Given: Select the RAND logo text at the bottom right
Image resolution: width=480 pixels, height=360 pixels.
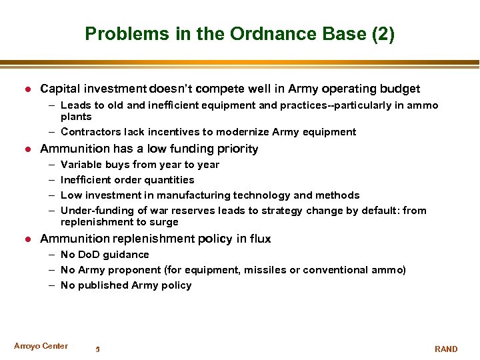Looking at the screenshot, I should click(446, 349).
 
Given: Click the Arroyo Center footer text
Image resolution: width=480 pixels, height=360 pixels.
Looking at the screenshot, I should click(41, 346).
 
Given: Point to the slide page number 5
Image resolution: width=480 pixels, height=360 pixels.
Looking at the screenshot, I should click(97, 349).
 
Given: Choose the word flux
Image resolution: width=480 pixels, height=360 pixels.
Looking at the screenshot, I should click(259, 239).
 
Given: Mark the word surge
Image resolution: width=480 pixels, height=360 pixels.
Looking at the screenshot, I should click(165, 222).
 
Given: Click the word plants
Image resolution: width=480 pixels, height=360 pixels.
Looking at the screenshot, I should click(76, 117).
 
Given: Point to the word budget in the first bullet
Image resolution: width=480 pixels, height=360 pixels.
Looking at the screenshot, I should click(399, 89).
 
